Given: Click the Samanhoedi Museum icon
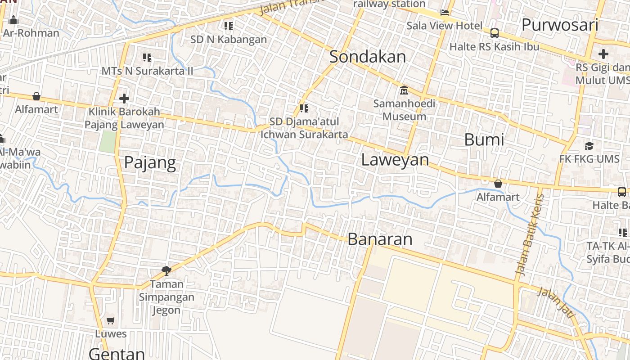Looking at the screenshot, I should [404, 90].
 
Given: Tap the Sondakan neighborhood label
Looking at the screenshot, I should [367, 57].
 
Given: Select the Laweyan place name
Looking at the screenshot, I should [395, 160].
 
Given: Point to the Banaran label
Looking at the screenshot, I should [380, 239].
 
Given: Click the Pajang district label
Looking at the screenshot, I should [150, 162].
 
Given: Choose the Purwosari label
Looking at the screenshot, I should [559, 25].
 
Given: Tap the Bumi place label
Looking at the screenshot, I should [484, 139].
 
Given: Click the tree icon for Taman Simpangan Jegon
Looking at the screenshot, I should [166, 270].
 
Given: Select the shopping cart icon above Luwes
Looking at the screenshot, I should [111, 321].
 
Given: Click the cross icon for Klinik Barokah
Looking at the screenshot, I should [124, 98].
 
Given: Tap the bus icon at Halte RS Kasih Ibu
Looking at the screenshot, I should [494, 33].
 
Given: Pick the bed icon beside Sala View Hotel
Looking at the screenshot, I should [445, 13].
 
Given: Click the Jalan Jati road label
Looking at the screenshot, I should [556, 302].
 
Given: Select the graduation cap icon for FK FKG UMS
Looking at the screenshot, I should [589, 146].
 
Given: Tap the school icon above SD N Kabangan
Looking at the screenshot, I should [229, 26].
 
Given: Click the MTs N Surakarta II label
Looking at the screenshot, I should [147, 71].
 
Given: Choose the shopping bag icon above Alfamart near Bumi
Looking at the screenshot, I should [498, 184].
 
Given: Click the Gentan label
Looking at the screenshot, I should [117, 353].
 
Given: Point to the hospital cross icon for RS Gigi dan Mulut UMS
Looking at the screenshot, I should [603, 54].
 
